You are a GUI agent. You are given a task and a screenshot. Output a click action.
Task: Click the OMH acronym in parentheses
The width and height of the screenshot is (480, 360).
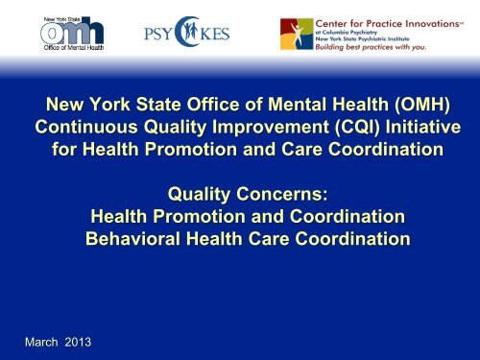pyautogui.click(x=422, y=105)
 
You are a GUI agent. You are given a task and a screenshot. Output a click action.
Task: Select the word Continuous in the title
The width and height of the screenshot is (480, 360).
pyautogui.click(x=86, y=127)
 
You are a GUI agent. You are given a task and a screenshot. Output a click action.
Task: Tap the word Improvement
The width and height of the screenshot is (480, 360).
pyautogui.click(x=271, y=128)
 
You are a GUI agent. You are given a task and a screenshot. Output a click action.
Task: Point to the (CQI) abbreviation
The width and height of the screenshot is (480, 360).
pyautogui.click(x=357, y=127)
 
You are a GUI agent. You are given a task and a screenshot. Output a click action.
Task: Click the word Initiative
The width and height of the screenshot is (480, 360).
pyautogui.click(x=423, y=127)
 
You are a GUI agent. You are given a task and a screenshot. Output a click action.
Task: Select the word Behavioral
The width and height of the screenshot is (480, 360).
pyautogui.click(x=132, y=239)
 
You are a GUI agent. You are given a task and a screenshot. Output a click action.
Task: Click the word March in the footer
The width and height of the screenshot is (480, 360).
pyautogui.click(x=41, y=342)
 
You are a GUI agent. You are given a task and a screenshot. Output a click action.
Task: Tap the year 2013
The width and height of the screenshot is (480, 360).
pyautogui.click(x=78, y=342)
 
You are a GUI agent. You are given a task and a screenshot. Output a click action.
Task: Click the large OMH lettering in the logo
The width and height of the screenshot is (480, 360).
pyautogui.click(x=72, y=32)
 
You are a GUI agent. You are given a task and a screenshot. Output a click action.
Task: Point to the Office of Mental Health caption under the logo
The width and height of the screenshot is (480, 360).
pyautogui.click(x=74, y=48)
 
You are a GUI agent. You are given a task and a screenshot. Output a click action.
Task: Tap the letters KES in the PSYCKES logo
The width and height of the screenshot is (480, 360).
pyautogui.click(x=215, y=34)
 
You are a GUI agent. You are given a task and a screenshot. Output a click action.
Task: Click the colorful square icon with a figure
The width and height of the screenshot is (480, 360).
pyautogui.click(x=297, y=34)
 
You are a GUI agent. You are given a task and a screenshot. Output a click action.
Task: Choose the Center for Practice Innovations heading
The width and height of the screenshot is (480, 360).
pyautogui.click(x=389, y=24)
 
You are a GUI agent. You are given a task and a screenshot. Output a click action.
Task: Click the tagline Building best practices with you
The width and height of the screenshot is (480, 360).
pyautogui.click(x=371, y=47)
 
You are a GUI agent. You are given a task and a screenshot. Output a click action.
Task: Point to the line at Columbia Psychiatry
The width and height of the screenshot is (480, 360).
pyautogui.click(x=347, y=33)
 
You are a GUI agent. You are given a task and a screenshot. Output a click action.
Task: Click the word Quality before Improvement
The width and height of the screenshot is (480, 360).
pyautogui.click(x=175, y=128)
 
